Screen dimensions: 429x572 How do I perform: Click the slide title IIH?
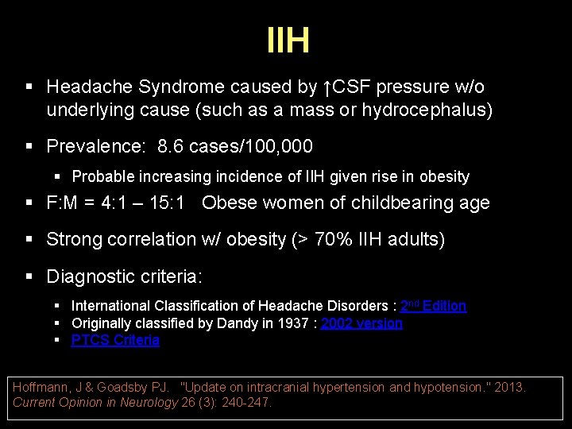click(x=288, y=41)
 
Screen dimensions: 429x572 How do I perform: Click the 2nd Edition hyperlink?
click(x=433, y=306)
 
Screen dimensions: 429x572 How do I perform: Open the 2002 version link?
click(x=361, y=323)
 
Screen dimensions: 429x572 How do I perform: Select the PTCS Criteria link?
click(x=115, y=340)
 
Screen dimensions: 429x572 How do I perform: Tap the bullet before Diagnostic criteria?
click(x=29, y=277)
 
